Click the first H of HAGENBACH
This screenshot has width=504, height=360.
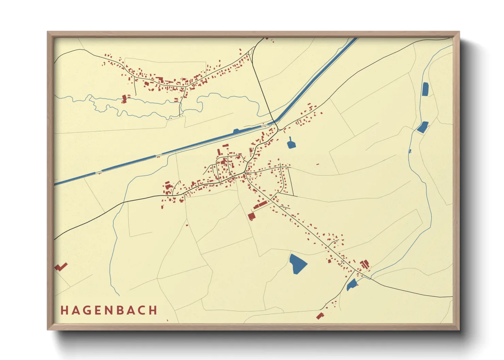point(64,310)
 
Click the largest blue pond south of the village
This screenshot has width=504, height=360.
point(297,263)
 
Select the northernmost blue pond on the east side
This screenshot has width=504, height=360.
point(425,89)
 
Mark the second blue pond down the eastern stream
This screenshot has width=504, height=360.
point(423,127)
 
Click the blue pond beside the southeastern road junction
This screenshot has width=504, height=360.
point(351,284)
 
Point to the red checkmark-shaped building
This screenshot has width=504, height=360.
point(61,267)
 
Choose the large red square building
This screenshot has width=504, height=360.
point(252,216)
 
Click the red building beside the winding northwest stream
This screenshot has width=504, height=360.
point(125,99)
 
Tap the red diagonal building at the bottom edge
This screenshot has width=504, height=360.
point(319,316)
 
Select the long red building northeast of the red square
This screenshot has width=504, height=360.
point(261,204)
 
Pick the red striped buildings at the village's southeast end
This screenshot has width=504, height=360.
point(365,264)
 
